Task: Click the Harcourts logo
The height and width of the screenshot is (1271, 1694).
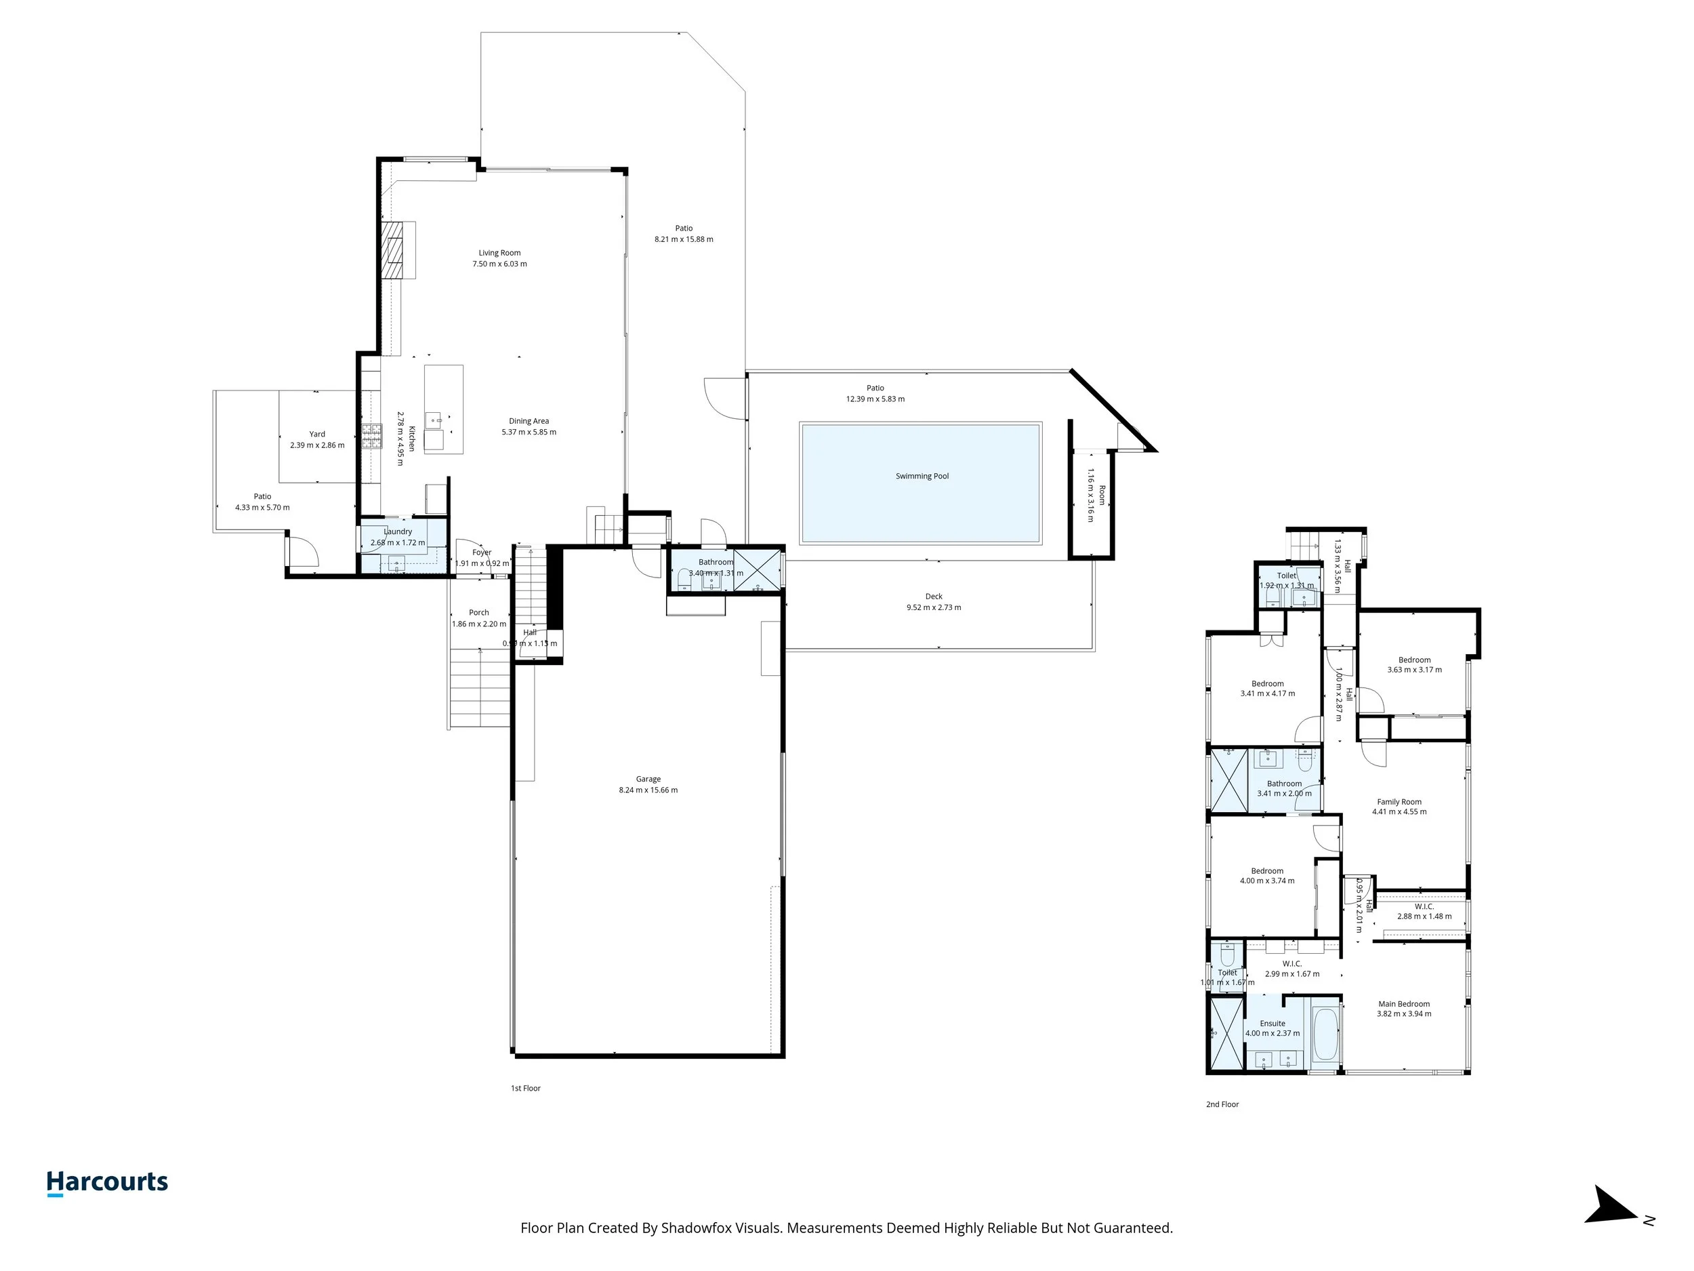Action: (x=107, y=1182)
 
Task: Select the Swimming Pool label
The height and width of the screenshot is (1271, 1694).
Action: (x=922, y=476)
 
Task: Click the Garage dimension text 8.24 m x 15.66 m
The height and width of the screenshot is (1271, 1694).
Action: (x=648, y=790)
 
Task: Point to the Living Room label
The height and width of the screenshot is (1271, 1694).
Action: (x=499, y=253)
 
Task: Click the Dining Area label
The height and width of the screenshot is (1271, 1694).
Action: (x=529, y=420)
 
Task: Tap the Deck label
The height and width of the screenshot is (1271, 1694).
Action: (x=934, y=596)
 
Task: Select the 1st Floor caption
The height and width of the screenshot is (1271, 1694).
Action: (x=525, y=1088)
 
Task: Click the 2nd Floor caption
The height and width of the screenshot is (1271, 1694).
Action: (x=1222, y=1104)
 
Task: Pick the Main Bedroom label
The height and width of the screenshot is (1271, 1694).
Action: (x=1404, y=1004)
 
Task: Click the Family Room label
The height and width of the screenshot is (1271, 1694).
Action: (x=1399, y=801)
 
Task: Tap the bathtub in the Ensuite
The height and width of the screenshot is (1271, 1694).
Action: (x=1325, y=1034)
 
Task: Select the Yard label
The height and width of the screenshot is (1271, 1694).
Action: (x=317, y=434)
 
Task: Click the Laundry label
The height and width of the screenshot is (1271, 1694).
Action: (x=398, y=531)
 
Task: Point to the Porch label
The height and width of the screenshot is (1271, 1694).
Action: (x=478, y=612)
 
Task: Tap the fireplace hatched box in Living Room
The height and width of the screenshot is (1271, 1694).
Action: (x=394, y=249)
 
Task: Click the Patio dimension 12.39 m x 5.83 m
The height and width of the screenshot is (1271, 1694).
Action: (x=875, y=399)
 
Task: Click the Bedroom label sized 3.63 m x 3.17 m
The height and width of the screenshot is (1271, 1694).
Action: (x=1413, y=660)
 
